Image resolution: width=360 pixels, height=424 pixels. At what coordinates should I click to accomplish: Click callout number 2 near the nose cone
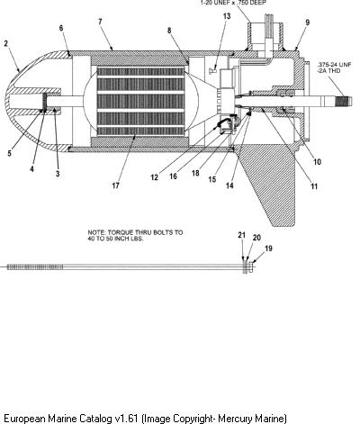6,43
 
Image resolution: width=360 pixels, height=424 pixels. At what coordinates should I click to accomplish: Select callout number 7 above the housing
100,22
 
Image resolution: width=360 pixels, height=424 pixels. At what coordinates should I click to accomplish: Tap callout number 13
227,16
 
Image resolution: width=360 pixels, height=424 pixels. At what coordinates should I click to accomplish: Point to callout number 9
307,23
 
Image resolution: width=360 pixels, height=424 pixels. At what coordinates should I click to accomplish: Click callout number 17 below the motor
115,185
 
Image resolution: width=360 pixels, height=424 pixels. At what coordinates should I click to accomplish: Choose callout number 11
314,186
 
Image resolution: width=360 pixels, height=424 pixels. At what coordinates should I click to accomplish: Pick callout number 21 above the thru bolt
242,235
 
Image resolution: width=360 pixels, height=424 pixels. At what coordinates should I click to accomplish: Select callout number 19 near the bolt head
268,248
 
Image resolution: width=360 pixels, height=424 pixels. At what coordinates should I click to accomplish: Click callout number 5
10,153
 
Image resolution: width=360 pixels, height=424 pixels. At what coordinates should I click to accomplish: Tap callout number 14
229,185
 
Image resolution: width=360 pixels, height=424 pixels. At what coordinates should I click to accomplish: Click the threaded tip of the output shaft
343,102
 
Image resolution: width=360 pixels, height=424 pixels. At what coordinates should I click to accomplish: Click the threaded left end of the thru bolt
35,267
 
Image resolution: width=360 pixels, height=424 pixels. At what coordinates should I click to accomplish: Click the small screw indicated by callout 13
213,70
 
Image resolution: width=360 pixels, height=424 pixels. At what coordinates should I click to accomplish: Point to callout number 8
169,31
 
